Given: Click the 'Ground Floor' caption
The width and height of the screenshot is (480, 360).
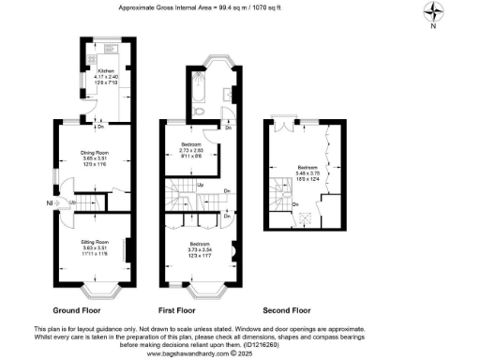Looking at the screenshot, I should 78,308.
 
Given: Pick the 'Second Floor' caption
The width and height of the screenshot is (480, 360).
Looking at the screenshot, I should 287,308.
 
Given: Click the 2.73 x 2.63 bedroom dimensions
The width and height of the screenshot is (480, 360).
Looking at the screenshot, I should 190,154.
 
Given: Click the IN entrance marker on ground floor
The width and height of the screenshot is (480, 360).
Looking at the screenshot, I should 49,201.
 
